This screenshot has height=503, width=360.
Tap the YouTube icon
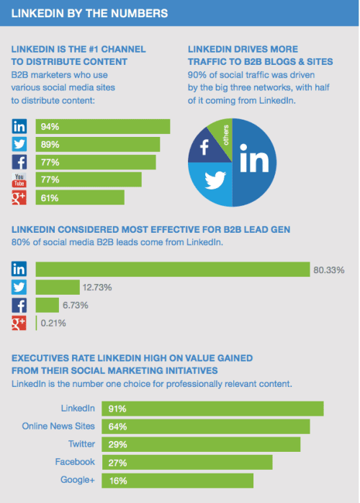coord(19,179)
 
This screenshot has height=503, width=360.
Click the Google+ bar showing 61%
coord(79,197)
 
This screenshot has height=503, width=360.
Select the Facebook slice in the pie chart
coord(204,148)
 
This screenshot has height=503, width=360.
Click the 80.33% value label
coord(329,270)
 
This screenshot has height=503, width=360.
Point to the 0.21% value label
coord(53,323)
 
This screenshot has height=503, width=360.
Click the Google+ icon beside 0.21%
coord(19,323)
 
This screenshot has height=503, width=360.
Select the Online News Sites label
coord(58,426)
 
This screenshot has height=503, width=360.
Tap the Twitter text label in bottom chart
coord(81,444)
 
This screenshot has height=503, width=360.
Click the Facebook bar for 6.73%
coord(48,305)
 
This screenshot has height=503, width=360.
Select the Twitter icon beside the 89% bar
coord(19,144)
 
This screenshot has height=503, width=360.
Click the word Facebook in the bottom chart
coord(75,461)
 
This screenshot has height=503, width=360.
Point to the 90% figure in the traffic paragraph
coord(196,74)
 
